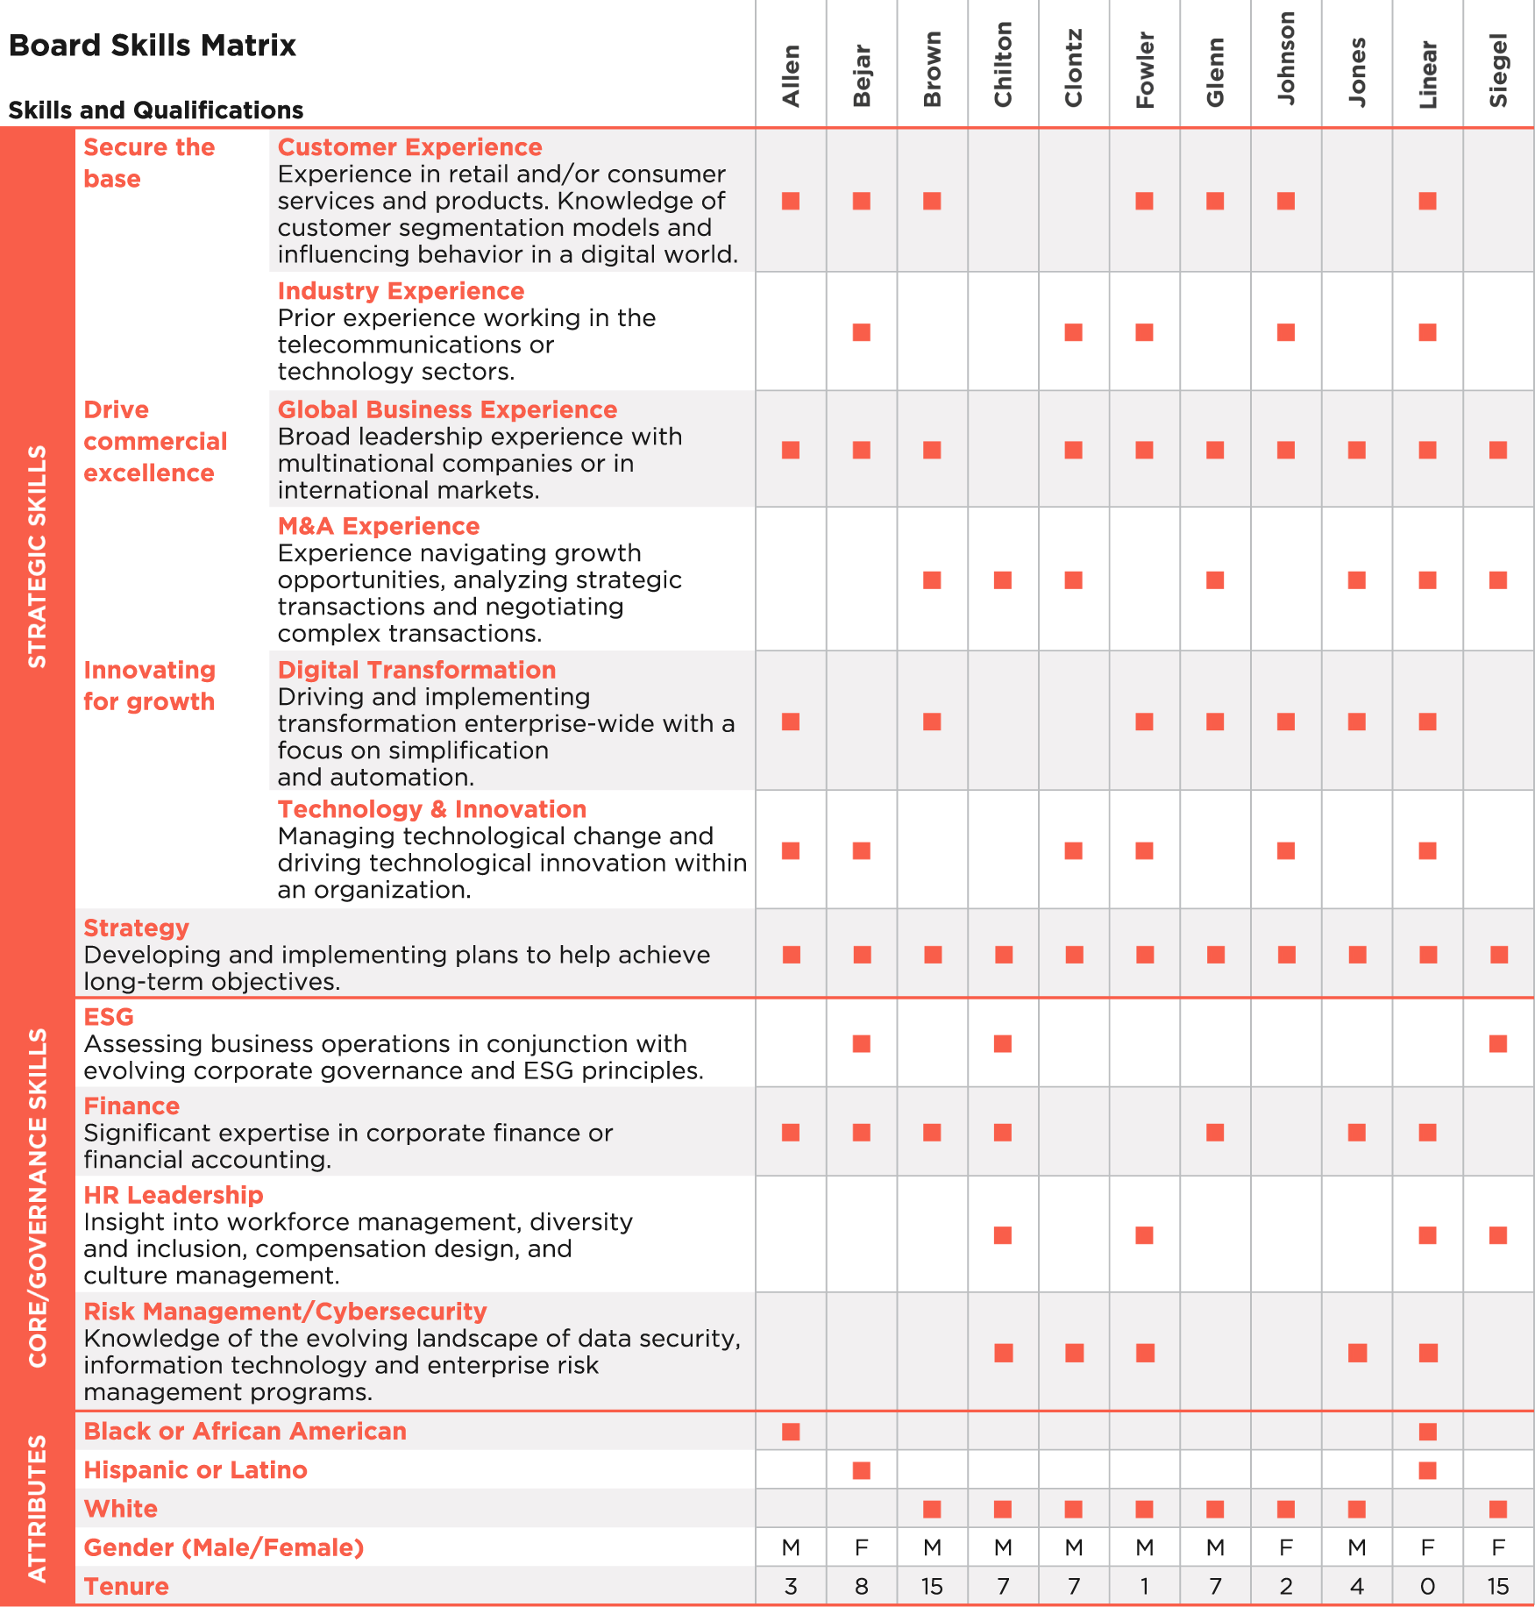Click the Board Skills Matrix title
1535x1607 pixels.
click(x=153, y=46)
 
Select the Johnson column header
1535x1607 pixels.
click(x=1286, y=59)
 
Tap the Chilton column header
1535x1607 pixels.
click(x=1003, y=64)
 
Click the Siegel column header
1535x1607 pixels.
click(x=1498, y=70)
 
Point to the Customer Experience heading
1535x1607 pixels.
click(x=409, y=147)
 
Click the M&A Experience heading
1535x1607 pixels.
click(x=378, y=526)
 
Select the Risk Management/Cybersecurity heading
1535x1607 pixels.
click(x=285, y=1312)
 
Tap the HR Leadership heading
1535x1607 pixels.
click(x=173, y=1195)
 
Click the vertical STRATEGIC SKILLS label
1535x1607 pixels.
click(x=37, y=557)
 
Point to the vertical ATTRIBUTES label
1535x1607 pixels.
click(x=37, y=1508)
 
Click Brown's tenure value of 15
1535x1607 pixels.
click(x=932, y=1587)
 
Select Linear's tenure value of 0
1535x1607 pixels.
click(x=1427, y=1587)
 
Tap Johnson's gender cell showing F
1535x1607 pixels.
click(x=1286, y=1548)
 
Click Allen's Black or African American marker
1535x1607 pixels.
click(x=791, y=1432)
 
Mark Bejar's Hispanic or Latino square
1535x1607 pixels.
click(x=862, y=1470)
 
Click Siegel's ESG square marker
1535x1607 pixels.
click(x=1498, y=1043)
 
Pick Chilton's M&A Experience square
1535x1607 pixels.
click(x=1003, y=580)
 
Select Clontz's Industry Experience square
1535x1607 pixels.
click(x=1073, y=332)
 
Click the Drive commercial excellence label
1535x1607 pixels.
click(x=155, y=441)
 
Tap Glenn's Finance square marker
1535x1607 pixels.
click(x=1215, y=1133)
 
